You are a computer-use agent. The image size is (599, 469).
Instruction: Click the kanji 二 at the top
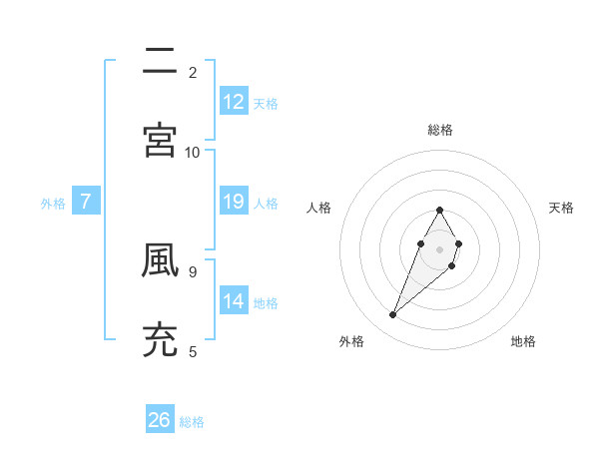coord(160,61)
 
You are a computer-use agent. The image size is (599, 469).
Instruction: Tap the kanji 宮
coord(160,140)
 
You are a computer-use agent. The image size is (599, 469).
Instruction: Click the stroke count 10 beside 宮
coord(193,152)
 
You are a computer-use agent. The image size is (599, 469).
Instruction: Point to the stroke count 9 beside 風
coord(193,269)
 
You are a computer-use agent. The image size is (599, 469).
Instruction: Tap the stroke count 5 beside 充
coord(193,350)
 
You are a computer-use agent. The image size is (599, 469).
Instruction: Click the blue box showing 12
coord(234,102)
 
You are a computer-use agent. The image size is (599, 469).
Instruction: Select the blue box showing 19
coord(234,202)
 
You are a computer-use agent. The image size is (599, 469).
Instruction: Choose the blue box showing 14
coord(234,301)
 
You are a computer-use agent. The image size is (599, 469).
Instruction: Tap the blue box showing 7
coord(86,202)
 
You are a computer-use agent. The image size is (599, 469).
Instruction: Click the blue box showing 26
coord(160,420)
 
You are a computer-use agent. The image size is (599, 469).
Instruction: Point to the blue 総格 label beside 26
coord(192,422)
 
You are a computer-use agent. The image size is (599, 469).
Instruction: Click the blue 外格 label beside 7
coord(53,204)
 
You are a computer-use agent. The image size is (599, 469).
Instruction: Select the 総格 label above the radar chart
coord(439,130)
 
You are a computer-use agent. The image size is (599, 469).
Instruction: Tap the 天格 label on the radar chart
coord(562,208)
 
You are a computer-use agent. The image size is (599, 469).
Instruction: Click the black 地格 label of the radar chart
coord(523,342)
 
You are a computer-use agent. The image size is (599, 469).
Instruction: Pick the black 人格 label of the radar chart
coord(318,208)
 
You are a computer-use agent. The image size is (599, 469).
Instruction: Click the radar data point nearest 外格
coord(393,315)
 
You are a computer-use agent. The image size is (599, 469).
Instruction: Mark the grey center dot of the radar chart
coord(439,247)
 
